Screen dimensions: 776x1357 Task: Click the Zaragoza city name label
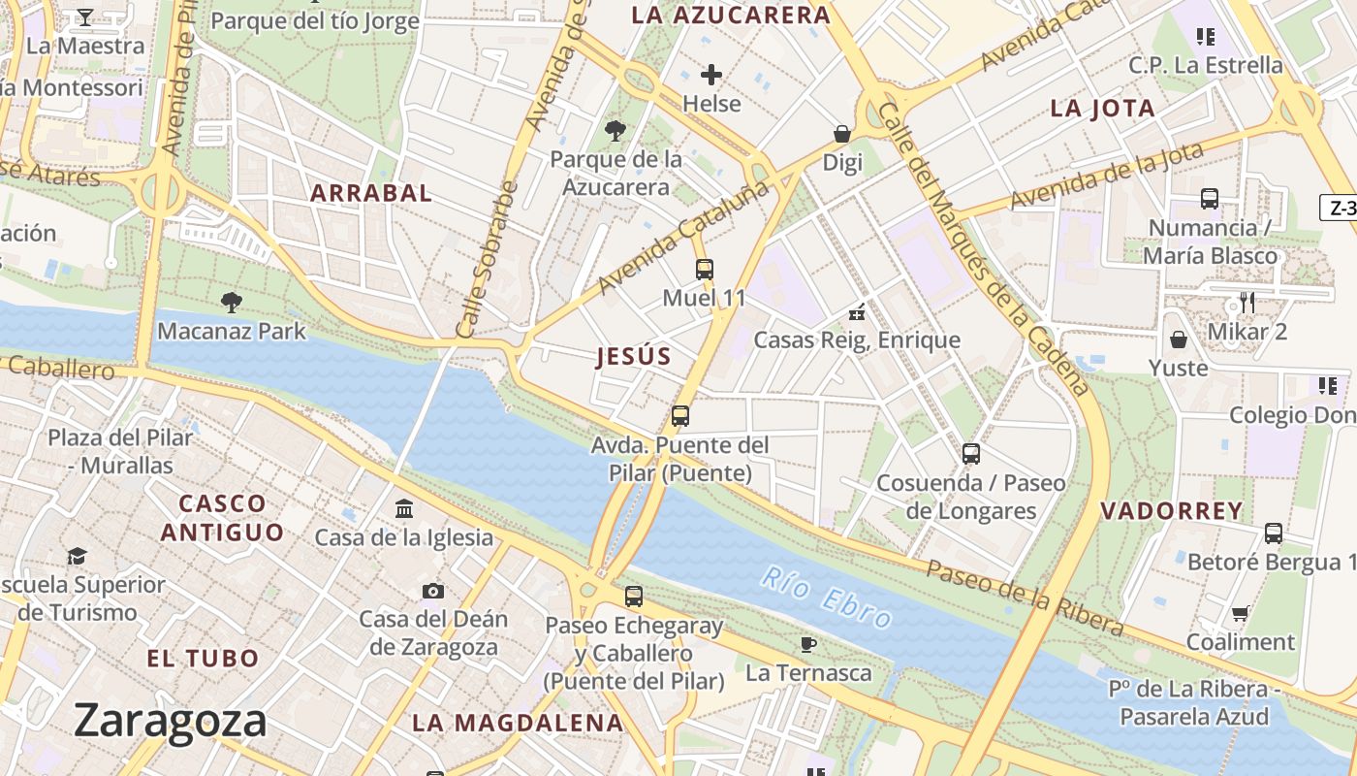coord(170,721)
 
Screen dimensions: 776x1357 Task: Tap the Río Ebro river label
coord(826,597)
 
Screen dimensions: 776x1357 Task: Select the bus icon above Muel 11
coord(705,270)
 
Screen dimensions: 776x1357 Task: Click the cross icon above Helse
coord(711,75)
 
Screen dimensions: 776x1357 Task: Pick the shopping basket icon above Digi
coord(842,134)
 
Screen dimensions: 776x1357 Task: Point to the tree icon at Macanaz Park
coord(231,303)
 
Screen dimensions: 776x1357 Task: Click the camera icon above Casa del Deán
coord(433,591)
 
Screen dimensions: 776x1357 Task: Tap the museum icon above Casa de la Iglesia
coord(404,509)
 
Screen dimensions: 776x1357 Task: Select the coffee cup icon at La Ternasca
coord(808,644)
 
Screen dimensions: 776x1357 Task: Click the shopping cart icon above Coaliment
coord(1240,613)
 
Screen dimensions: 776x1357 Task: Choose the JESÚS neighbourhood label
coord(634,357)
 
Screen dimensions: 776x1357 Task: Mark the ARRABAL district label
coord(371,193)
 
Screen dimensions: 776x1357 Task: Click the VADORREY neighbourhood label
coord(1172,511)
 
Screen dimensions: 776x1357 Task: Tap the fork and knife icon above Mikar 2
coord(1247,303)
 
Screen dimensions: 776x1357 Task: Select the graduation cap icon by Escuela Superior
coord(77,556)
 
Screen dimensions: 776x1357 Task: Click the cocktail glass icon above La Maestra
coord(84,17)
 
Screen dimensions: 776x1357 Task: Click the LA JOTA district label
coord(1103,109)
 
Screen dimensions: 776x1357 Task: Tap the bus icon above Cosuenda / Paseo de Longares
coord(971,454)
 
